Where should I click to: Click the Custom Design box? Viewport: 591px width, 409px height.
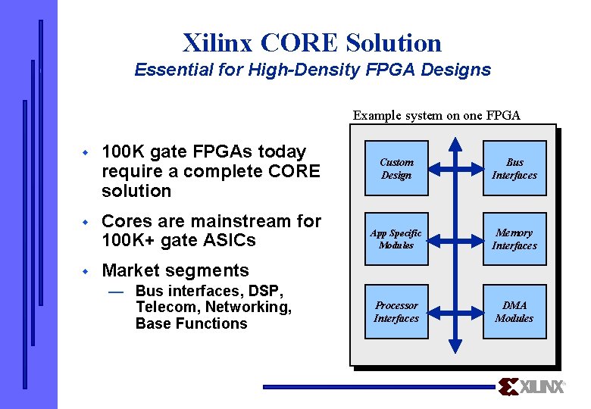(x=396, y=168)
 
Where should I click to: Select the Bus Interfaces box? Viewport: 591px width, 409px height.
(x=514, y=168)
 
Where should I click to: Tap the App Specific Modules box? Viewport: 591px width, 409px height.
(x=396, y=239)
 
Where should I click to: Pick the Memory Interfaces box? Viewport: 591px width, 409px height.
(x=514, y=239)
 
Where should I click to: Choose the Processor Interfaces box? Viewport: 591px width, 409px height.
(x=396, y=311)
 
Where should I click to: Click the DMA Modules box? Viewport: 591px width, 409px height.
(x=514, y=311)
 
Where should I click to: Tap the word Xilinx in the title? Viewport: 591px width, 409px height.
(x=218, y=42)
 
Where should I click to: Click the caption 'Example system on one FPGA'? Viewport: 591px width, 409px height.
(x=436, y=116)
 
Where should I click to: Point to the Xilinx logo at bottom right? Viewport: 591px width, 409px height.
(x=532, y=386)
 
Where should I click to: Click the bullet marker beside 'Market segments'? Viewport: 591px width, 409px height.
(x=86, y=271)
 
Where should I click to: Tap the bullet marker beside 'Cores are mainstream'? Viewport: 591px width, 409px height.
(x=86, y=222)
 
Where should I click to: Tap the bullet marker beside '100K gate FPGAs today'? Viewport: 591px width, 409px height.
(x=86, y=152)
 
